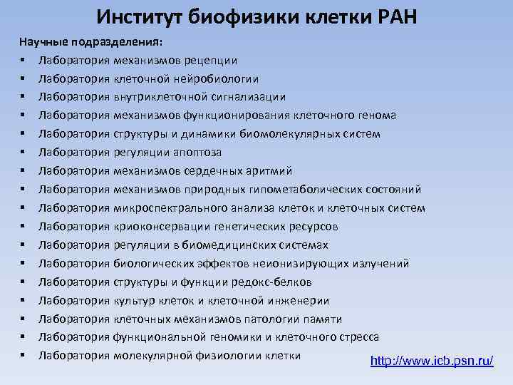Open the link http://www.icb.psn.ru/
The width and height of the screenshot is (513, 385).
[x=432, y=361]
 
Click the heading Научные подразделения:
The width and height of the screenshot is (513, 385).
[x=90, y=41]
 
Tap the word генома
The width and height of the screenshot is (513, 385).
[x=375, y=115]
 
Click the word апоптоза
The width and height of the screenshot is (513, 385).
[x=195, y=153]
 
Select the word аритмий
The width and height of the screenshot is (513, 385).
[x=269, y=171]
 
